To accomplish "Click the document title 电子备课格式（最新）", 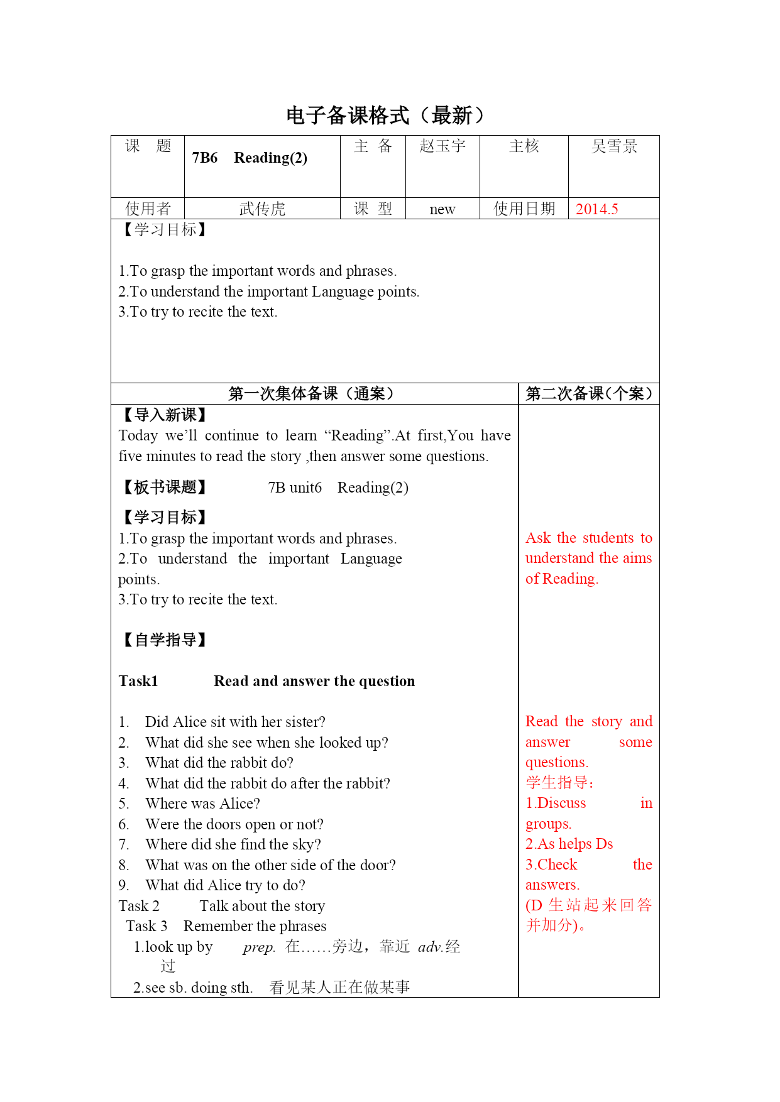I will click(x=385, y=116).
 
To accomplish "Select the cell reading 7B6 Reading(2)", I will click(x=250, y=158).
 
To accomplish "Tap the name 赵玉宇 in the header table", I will click(x=442, y=146).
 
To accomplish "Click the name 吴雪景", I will click(x=614, y=146).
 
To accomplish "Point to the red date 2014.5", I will click(x=596, y=209).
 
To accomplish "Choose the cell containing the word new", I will click(x=442, y=209).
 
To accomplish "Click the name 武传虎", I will click(x=262, y=209).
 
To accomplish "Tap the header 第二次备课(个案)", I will click(x=589, y=394).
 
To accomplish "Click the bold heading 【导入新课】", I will click(x=164, y=415).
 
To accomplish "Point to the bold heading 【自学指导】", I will click(x=164, y=640).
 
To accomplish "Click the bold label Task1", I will click(x=138, y=681).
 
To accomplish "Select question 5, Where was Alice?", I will click(x=202, y=804).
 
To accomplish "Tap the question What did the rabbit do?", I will click(x=219, y=763).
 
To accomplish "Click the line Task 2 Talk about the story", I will click(x=222, y=906).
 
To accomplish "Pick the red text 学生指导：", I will click(x=560, y=783).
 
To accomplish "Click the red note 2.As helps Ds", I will click(x=569, y=844).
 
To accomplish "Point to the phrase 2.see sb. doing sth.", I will click(x=193, y=988).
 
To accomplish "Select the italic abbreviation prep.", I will click(x=259, y=947).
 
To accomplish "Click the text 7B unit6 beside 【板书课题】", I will click(x=295, y=488).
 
